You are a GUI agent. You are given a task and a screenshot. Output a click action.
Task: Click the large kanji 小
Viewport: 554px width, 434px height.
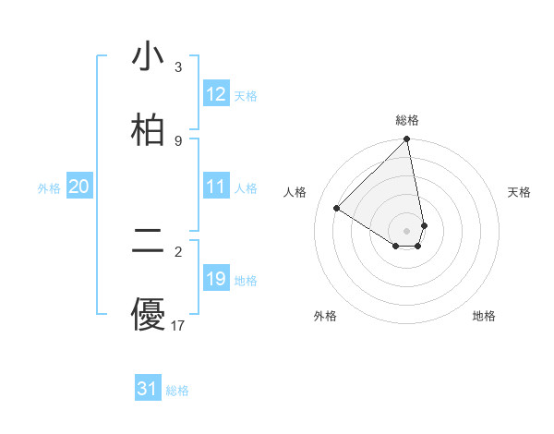pyautogui.click(x=148, y=57)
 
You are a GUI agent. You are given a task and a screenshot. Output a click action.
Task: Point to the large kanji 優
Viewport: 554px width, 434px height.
pyautogui.click(x=148, y=314)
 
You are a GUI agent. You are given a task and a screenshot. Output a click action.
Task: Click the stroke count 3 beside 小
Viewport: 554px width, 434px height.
pyautogui.click(x=178, y=67)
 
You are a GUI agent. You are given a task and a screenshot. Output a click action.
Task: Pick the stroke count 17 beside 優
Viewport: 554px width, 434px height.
pyautogui.click(x=178, y=325)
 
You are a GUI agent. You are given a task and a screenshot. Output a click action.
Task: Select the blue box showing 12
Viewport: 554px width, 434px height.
pyautogui.click(x=216, y=94)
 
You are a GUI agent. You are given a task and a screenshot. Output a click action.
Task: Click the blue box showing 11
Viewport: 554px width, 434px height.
pyautogui.click(x=216, y=187)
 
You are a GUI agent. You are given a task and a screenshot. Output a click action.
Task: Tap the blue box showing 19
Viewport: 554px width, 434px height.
pyautogui.click(x=216, y=279)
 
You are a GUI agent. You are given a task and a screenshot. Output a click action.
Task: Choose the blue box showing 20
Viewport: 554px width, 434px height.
pyautogui.click(x=79, y=187)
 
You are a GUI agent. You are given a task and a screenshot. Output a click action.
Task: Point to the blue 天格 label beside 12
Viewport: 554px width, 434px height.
pyautogui.click(x=246, y=96)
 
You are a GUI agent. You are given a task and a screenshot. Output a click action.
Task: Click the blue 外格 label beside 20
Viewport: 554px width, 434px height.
pyautogui.click(x=49, y=188)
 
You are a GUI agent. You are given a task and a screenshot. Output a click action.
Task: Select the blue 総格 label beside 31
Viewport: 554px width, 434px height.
pyautogui.click(x=177, y=391)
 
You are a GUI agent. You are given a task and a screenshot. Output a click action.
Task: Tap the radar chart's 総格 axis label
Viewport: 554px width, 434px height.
pyautogui.click(x=407, y=120)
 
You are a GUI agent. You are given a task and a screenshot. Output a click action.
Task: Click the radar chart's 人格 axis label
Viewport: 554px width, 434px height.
pyautogui.click(x=295, y=192)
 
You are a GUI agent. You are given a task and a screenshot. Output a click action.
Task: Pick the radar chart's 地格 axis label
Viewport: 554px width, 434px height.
pyautogui.click(x=484, y=316)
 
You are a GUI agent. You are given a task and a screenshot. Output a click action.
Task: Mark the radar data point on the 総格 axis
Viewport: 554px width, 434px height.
pyautogui.click(x=407, y=140)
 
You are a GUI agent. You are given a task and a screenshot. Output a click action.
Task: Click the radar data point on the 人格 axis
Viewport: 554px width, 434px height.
pyautogui.click(x=337, y=208)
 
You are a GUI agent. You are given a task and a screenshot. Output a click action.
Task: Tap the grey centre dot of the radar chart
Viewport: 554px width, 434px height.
pyautogui.click(x=407, y=230)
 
